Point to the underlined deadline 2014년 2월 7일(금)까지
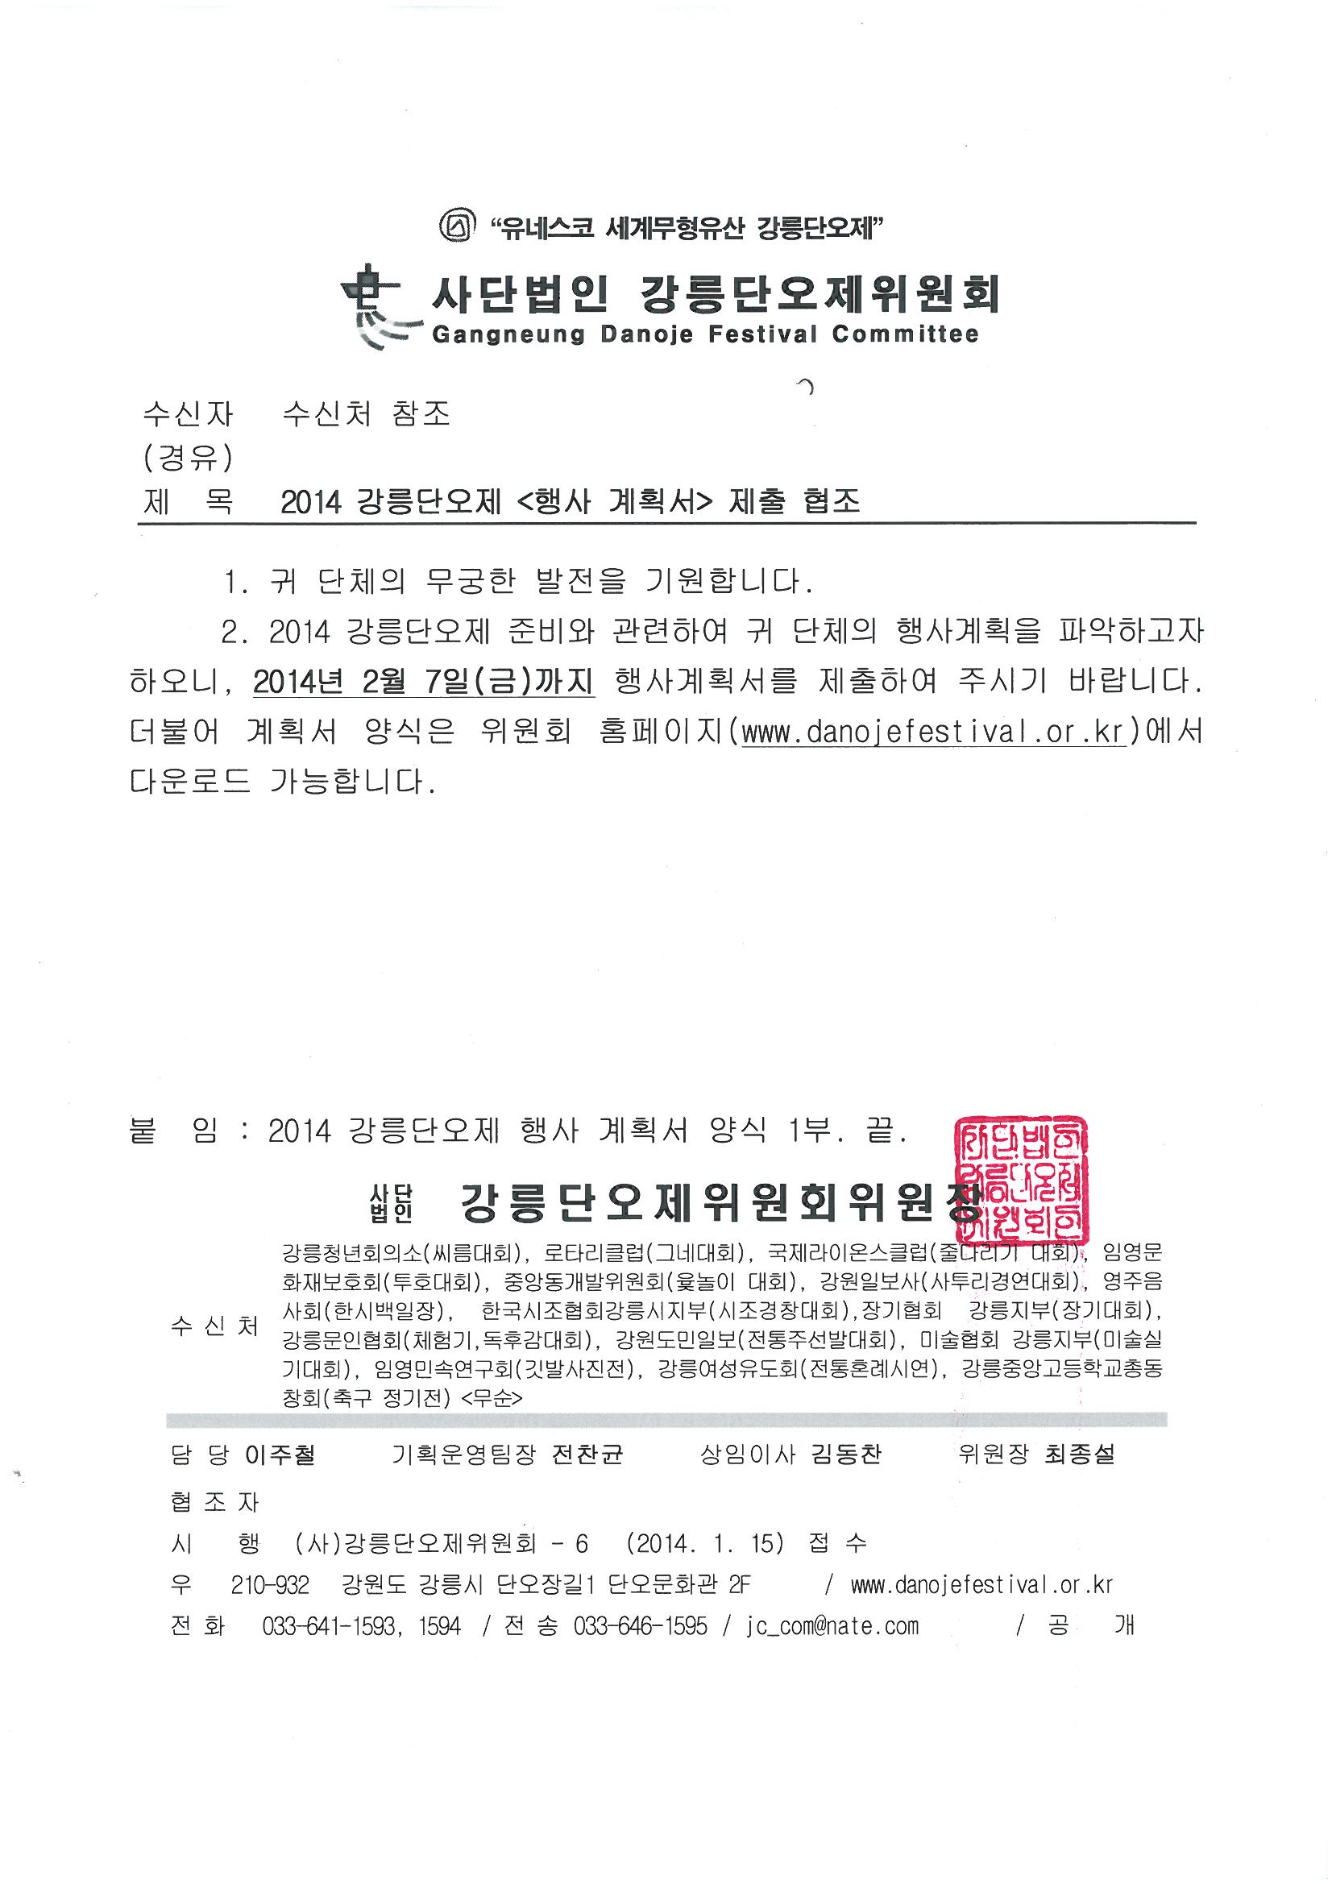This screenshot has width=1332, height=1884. point(424,682)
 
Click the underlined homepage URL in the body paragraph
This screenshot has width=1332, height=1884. point(932,731)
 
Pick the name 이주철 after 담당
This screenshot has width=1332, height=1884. point(280,1454)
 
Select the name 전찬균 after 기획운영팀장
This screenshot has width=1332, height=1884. point(587,1454)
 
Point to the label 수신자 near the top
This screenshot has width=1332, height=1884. point(188,413)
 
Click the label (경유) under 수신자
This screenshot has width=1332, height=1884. point(188,458)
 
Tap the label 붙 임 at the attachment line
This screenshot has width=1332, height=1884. point(173,1132)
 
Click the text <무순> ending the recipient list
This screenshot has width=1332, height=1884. point(492,1397)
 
